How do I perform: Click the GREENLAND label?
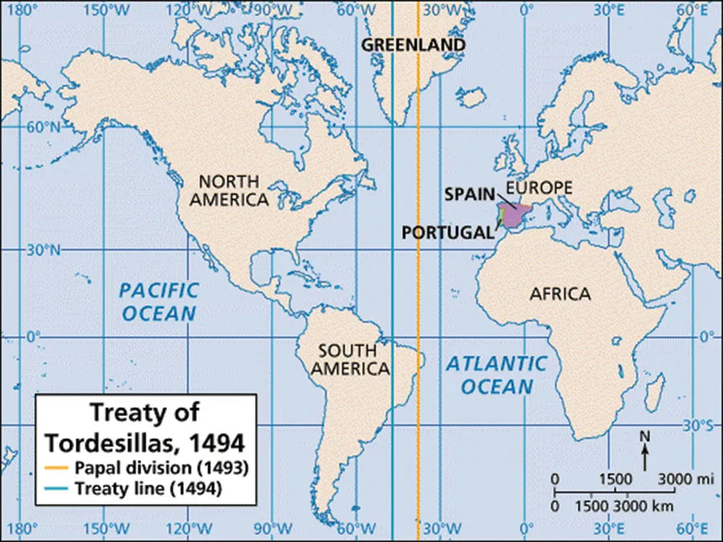(x=412, y=44)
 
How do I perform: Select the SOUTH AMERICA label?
(x=346, y=360)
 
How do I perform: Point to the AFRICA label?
(x=560, y=294)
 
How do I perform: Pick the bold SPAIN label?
(x=470, y=195)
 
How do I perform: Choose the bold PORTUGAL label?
(x=447, y=232)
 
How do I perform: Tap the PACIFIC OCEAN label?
(x=158, y=301)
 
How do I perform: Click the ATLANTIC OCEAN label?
(x=496, y=374)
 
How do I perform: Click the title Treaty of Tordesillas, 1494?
(x=145, y=427)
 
